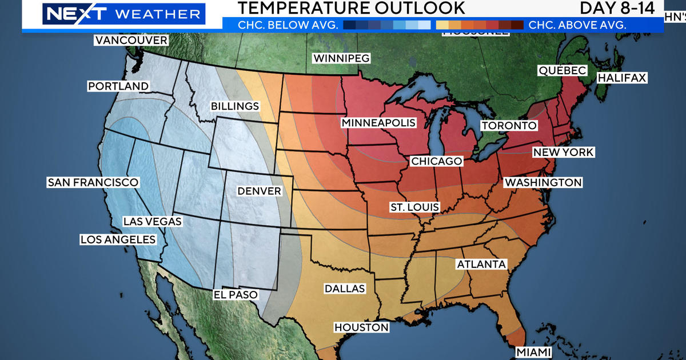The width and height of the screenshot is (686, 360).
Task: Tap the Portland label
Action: point(118,86)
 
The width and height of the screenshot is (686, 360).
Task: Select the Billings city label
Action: point(235,106)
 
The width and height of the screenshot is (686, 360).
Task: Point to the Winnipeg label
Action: point(342,58)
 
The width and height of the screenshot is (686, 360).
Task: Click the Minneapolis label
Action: point(378,123)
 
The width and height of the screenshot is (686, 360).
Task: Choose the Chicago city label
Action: point(436,162)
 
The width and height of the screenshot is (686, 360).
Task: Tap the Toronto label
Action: point(509,126)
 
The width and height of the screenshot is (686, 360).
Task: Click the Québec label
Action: point(562,70)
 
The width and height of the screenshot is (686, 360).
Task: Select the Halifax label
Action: point(623,78)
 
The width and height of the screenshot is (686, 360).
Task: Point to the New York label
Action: point(563,153)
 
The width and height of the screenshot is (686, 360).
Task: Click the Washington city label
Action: point(543,183)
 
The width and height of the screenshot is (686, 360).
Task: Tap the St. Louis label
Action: point(414,207)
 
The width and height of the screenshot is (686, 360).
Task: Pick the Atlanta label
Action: point(481,264)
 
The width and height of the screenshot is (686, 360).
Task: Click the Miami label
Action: point(533,351)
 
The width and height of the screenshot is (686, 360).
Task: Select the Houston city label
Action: point(361,327)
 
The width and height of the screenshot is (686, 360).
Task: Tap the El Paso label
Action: point(236,295)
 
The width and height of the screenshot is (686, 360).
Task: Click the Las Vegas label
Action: point(152,221)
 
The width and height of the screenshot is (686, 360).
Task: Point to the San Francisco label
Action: point(93,182)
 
